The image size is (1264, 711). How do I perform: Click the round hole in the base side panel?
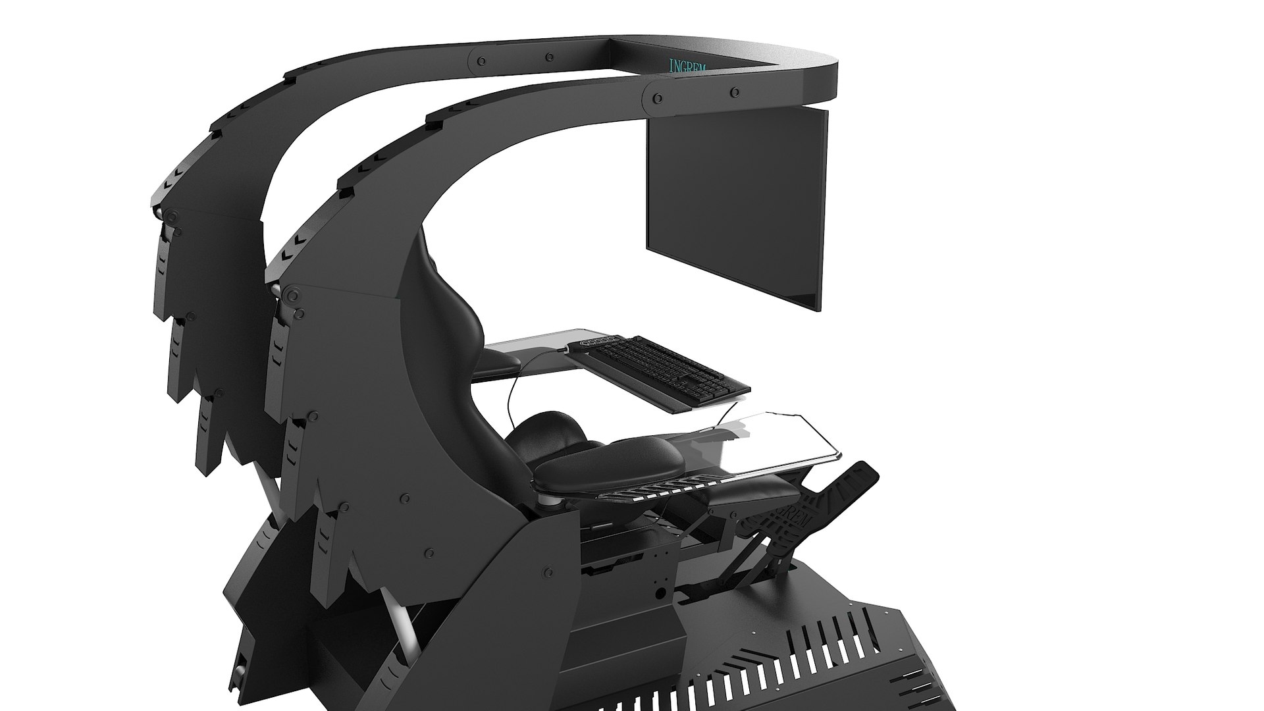(660, 593)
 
